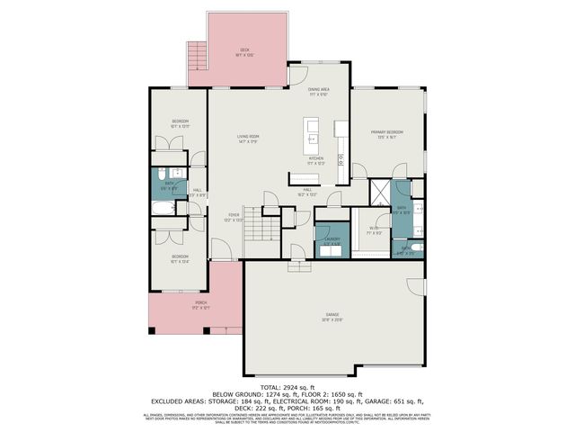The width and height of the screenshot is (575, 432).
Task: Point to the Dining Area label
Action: pos(319,90)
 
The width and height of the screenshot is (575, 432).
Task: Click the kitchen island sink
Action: pos(311,140)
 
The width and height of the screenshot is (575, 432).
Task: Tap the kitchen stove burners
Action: pos(341,160)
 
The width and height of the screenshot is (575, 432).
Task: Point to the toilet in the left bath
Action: pos(158,175)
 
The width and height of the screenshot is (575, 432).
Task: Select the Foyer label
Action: pos(234,215)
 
